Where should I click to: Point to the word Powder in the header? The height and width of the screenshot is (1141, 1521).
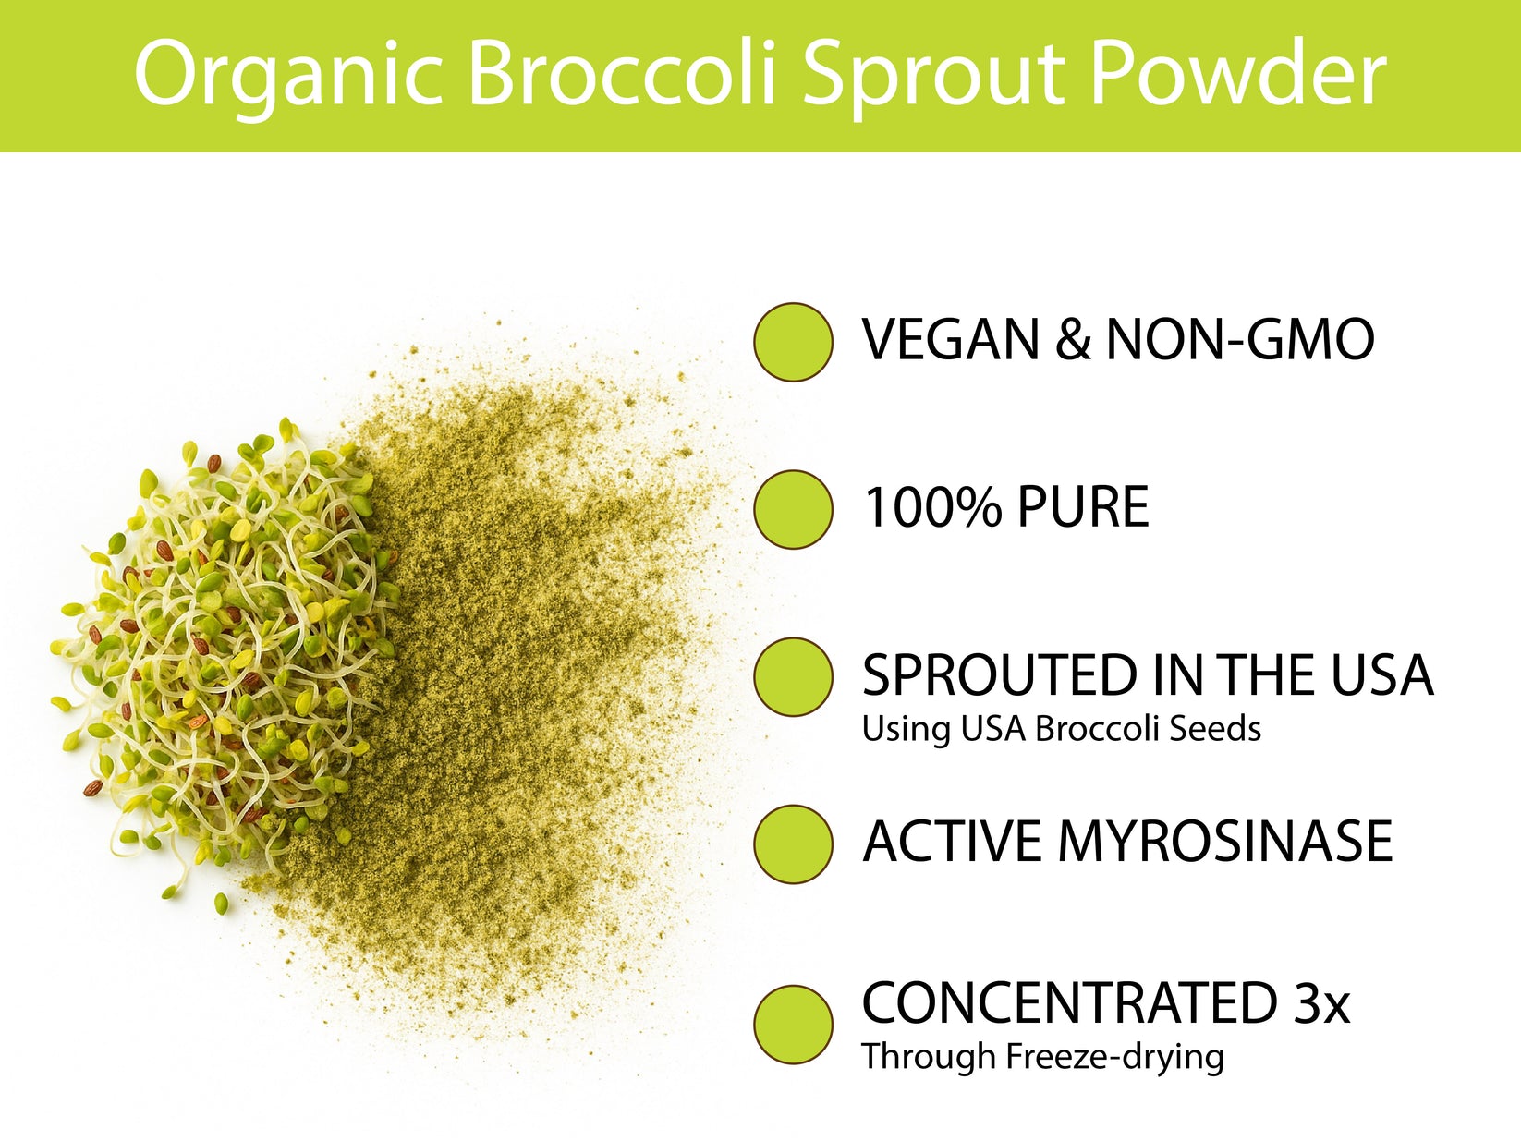click(x=1238, y=74)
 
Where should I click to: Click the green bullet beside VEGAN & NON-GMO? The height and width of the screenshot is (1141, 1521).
click(x=793, y=342)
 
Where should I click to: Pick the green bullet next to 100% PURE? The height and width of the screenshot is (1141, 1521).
click(x=793, y=509)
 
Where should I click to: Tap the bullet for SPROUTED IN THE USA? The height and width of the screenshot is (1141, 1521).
click(x=793, y=676)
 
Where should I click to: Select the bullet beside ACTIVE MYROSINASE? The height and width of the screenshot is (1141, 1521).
click(x=793, y=844)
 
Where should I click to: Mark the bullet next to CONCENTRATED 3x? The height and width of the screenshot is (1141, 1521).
click(x=793, y=1024)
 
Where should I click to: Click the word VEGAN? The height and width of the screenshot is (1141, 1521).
click(x=948, y=340)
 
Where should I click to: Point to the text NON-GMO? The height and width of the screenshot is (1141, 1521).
click(x=1239, y=340)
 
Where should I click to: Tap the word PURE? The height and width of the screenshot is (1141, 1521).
click(x=1083, y=507)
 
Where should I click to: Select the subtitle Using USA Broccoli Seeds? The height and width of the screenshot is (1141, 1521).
click(x=1061, y=729)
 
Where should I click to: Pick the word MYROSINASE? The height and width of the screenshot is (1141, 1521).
click(x=1224, y=842)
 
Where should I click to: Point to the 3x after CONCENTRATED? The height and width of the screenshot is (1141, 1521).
click(x=1321, y=1003)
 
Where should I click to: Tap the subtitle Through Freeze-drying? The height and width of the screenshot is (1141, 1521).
click(x=1042, y=1056)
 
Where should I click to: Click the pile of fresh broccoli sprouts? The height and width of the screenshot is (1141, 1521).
click(x=222, y=656)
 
